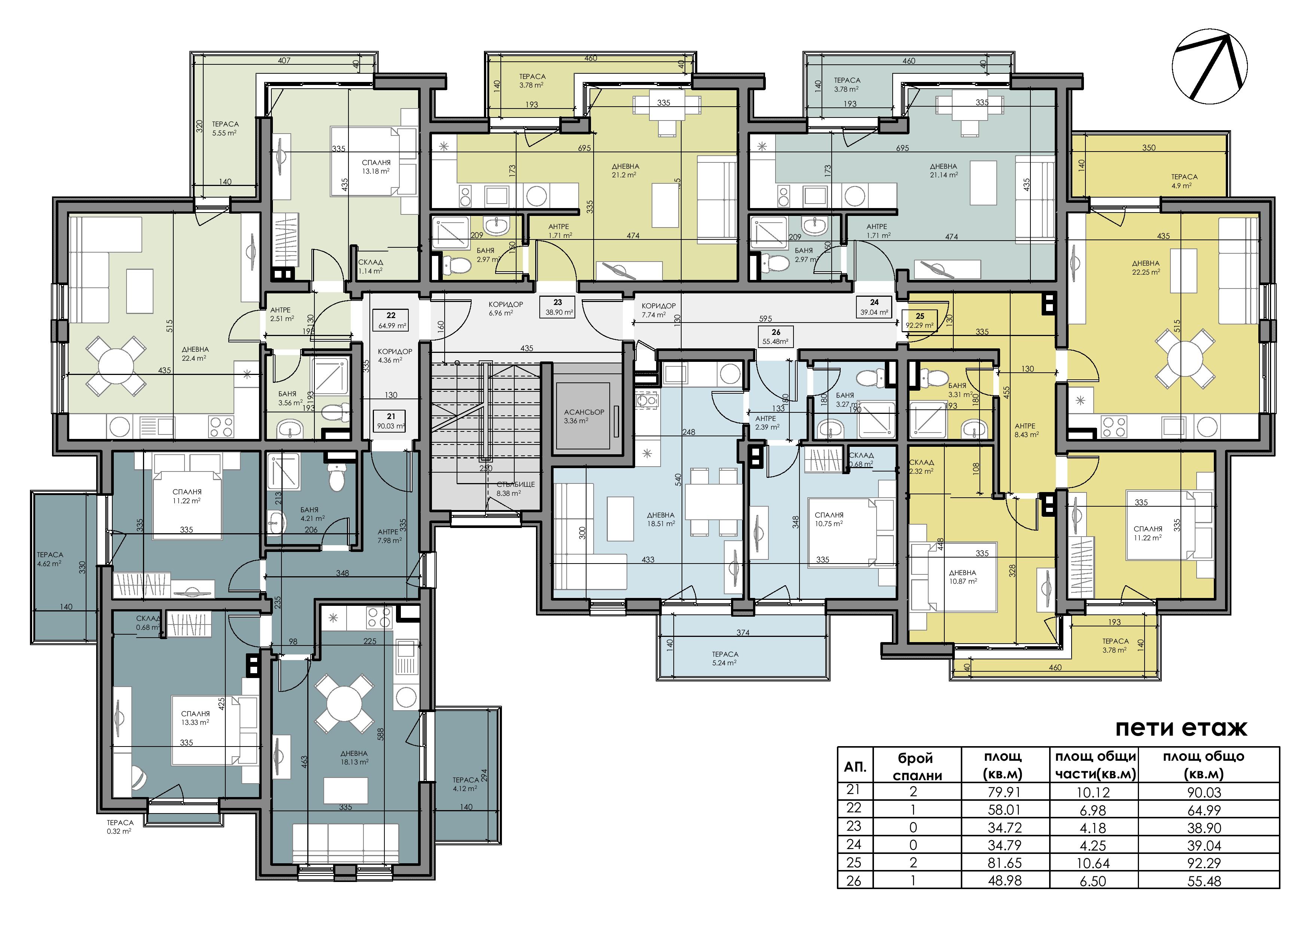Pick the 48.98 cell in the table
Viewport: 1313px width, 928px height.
(1005, 880)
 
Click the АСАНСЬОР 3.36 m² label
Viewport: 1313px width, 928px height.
(584, 416)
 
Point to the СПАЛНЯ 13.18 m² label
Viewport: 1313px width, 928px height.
(376, 167)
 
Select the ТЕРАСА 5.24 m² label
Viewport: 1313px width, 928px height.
(725, 659)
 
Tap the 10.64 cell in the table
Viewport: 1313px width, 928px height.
(1093, 863)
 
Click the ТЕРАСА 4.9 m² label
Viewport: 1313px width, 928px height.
(1184, 181)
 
